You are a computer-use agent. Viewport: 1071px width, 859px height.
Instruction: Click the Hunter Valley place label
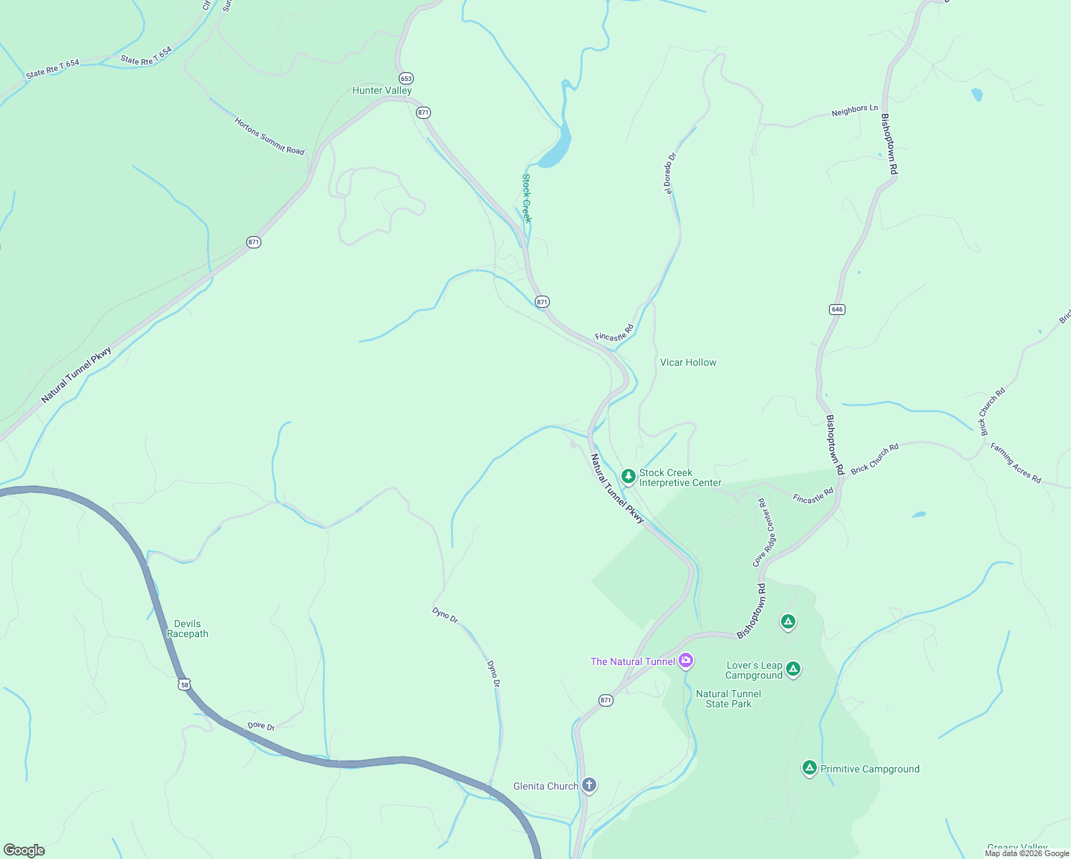click(382, 91)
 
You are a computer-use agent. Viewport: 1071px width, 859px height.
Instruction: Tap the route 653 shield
click(406, 78)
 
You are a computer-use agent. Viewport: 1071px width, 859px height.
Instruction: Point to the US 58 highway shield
click(185, 684)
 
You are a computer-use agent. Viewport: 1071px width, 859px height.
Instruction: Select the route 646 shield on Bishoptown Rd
click(837, 309)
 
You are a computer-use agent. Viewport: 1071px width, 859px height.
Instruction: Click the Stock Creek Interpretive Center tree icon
click(628, 477)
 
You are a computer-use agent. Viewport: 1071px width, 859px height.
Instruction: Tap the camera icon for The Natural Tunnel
click(686, 660)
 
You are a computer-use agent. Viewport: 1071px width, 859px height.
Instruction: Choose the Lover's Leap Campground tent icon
click(793, 669)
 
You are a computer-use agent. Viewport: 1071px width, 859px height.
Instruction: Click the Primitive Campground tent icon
click(809, 768)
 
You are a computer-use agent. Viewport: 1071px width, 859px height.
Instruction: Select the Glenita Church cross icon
click(588, 785)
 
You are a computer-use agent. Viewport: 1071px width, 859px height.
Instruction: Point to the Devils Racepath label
click(188, 629)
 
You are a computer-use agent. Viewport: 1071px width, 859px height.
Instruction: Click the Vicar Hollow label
click(688, 362)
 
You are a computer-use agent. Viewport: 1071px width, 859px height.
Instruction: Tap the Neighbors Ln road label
click(854, 111)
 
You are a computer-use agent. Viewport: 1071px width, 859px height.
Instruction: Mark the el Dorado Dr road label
click(669, 173)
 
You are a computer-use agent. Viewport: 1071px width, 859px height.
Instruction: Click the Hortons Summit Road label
click(269, 136)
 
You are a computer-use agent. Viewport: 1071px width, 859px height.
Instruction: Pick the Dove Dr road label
click(261, 726)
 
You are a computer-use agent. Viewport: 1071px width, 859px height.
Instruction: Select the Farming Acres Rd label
click(1015, 463)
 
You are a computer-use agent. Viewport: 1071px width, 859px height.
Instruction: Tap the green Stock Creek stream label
click(526, 198)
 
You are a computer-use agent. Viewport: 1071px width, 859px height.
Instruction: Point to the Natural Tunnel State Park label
click(728, 699)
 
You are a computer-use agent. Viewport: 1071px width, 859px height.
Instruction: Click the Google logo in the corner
click(24, 850)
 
